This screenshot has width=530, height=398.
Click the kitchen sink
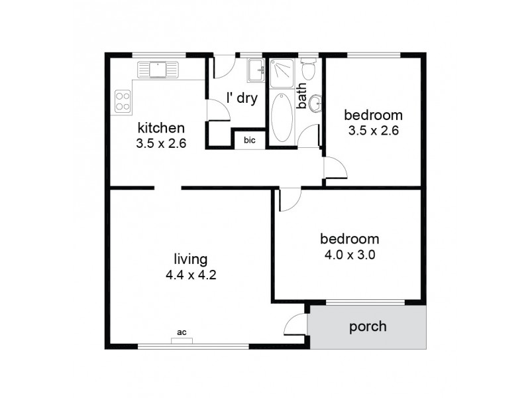[158, 68]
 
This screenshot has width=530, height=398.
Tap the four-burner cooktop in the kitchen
[123, 100]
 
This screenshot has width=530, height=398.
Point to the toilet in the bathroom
[308, 68]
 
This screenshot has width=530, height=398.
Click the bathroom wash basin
[316, 103]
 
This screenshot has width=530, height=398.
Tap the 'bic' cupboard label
[250, 140]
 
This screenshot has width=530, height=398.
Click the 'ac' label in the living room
[181, 332]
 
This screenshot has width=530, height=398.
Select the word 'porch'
[368, 326]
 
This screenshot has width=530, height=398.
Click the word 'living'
[191, 259]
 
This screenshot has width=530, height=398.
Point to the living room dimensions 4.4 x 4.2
[191, 273]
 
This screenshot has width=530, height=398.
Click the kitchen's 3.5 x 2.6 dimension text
[161, 142]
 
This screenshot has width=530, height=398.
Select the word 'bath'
[301, 96]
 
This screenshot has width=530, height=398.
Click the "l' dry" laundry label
[241, 98]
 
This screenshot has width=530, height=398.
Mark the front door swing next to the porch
[295, 325]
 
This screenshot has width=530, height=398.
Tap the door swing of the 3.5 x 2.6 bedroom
[335, 168]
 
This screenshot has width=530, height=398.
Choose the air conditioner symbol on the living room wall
[182, 342]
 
